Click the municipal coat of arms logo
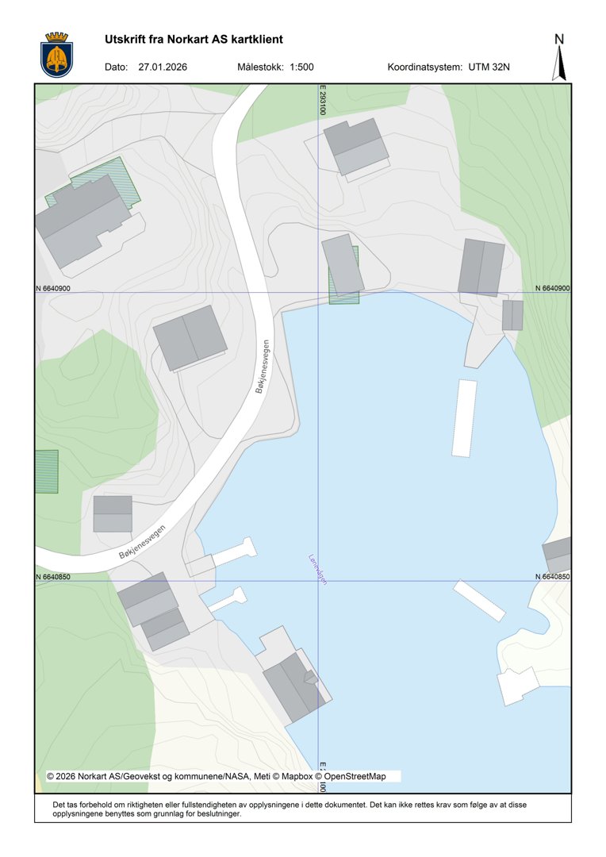tap(56, 54)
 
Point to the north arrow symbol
tap(559, 58)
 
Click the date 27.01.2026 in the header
tap(163, 67)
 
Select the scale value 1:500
tap(302, 67)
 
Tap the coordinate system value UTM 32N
tap(489, 67)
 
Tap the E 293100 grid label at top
tap(323, 101)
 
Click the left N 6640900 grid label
tap(53, 289)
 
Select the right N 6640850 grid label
tap(553, 577)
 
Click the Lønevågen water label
tap(318, 570)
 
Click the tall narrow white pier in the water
tap(464, 417)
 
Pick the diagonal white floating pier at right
tap(479, 600)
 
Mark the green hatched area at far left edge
tap(46, 471)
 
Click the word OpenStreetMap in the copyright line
tap(355, 776)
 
